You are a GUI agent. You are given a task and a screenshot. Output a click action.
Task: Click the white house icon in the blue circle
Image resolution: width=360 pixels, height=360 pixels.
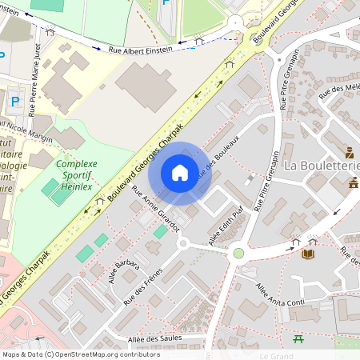pos(180,172)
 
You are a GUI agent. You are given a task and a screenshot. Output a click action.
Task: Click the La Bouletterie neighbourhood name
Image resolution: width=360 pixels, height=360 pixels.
pos(322,166)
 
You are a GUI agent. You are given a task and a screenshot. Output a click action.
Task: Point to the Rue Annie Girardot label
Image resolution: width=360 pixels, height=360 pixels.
pos(158,213)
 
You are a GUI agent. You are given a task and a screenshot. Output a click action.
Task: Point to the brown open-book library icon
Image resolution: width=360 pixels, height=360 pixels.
pos(308,254)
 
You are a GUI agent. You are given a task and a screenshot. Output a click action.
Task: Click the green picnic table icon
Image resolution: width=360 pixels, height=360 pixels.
pos(298,339)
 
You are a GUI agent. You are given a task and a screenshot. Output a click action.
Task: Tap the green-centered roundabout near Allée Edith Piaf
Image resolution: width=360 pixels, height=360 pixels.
pos(238,254)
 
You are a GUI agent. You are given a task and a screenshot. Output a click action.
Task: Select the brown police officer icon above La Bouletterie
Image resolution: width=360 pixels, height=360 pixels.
pos(350,152)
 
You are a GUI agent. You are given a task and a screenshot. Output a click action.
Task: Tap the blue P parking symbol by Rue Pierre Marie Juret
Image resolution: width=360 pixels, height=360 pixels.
pos(15,101)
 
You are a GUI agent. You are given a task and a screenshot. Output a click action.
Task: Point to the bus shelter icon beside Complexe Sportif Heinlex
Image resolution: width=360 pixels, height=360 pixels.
pos(99,202)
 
